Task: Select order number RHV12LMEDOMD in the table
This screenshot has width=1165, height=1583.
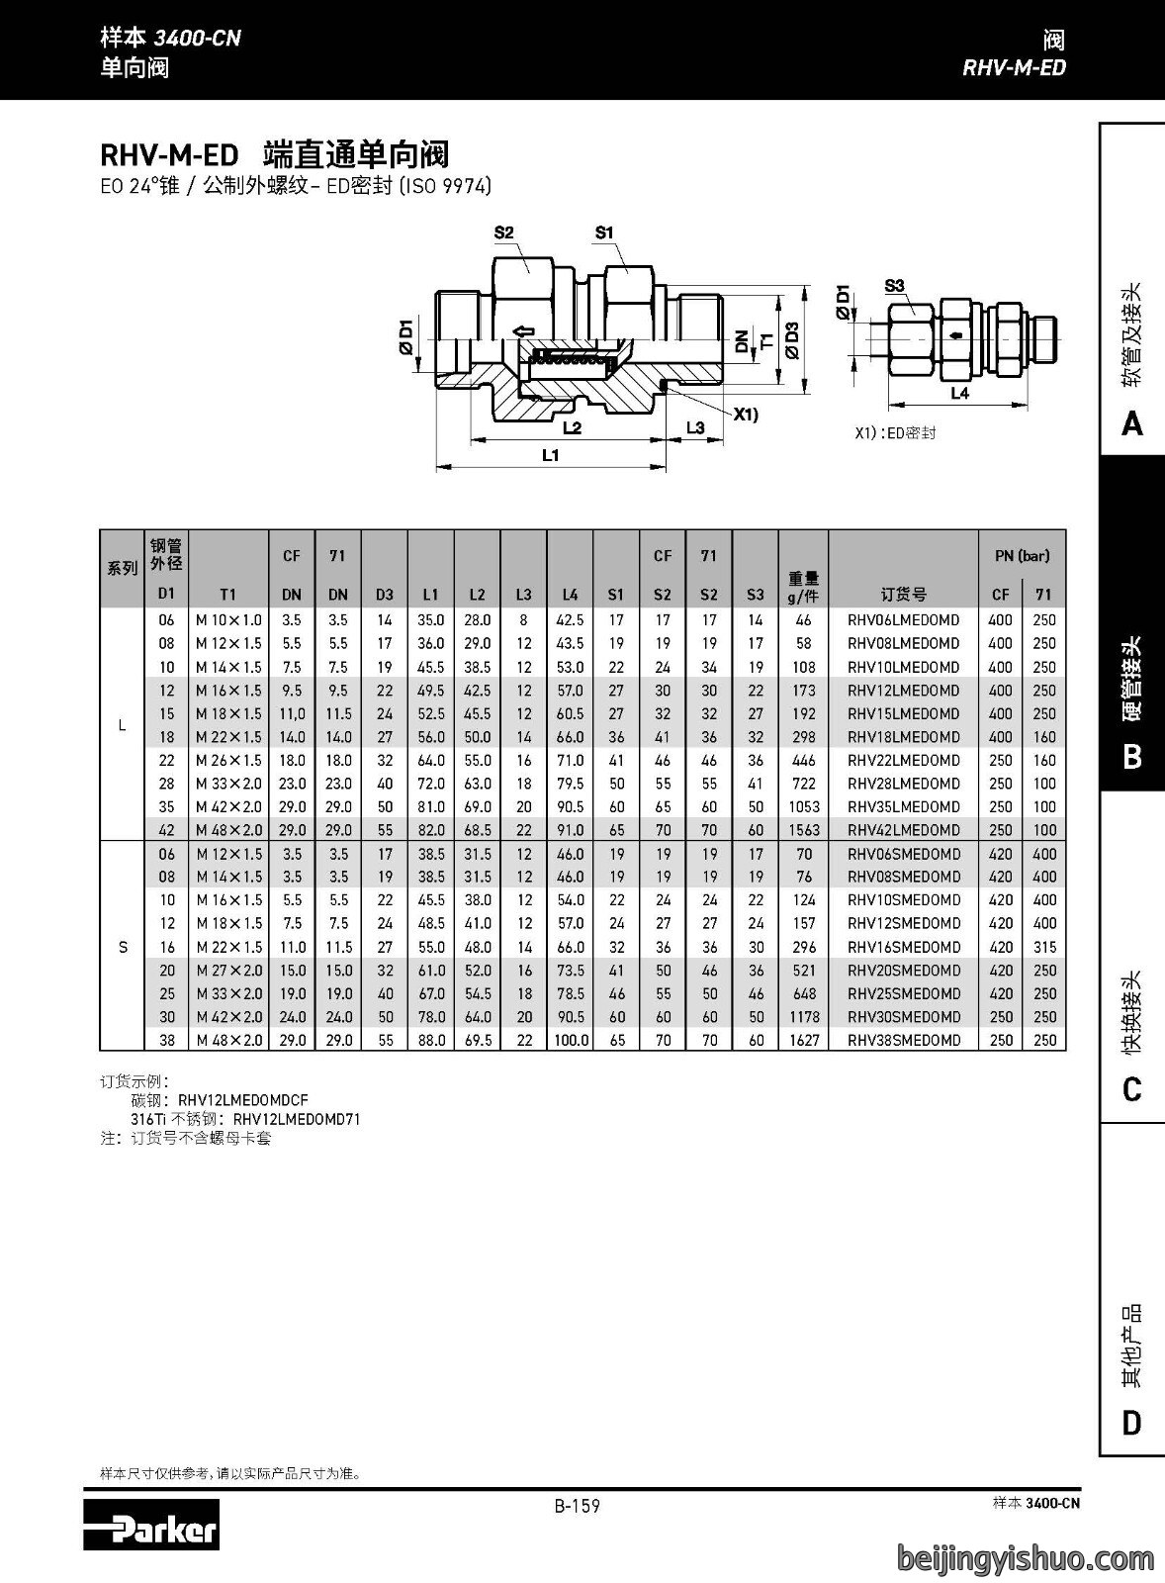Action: tap(904, 691)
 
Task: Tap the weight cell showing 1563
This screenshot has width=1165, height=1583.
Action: tap(804, 830)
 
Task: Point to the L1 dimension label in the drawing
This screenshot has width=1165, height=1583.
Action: tap(550, 455)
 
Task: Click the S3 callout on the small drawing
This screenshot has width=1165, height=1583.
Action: tap(894, 286)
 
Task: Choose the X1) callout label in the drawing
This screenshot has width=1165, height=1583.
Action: tap(746, 415)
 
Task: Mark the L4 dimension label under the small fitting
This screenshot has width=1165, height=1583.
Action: tap(959, 393)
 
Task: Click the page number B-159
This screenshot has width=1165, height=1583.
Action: tap(578, 1506)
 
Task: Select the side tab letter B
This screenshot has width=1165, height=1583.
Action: tap(1131, 757)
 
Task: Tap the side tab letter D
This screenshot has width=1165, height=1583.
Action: tap(1131, 1423)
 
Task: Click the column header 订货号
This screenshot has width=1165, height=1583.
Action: tap(904, 595)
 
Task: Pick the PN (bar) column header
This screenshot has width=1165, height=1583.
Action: tap(1023, 555)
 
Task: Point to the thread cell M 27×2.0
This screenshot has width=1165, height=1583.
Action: tap(228, 971)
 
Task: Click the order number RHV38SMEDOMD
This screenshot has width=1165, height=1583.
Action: tap(904, 1040)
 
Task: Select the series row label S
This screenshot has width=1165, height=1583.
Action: tap(123, 947)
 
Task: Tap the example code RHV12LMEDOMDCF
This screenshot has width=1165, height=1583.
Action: tap(243, 1100)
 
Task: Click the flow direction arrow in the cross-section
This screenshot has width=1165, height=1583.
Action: tap(523, 330)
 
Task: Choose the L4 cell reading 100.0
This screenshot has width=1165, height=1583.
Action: tap(570, 1040)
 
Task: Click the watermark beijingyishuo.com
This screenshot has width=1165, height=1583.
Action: tap(1026, 1558)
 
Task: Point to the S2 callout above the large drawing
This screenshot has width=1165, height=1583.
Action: tap(503, 233)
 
